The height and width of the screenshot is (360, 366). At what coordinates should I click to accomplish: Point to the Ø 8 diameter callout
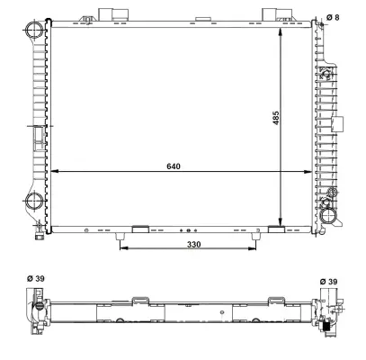332,16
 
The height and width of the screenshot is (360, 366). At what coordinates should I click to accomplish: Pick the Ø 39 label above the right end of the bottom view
329,281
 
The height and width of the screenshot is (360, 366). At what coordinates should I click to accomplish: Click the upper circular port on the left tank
33,32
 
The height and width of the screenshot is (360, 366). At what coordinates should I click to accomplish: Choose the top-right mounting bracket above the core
273,15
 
